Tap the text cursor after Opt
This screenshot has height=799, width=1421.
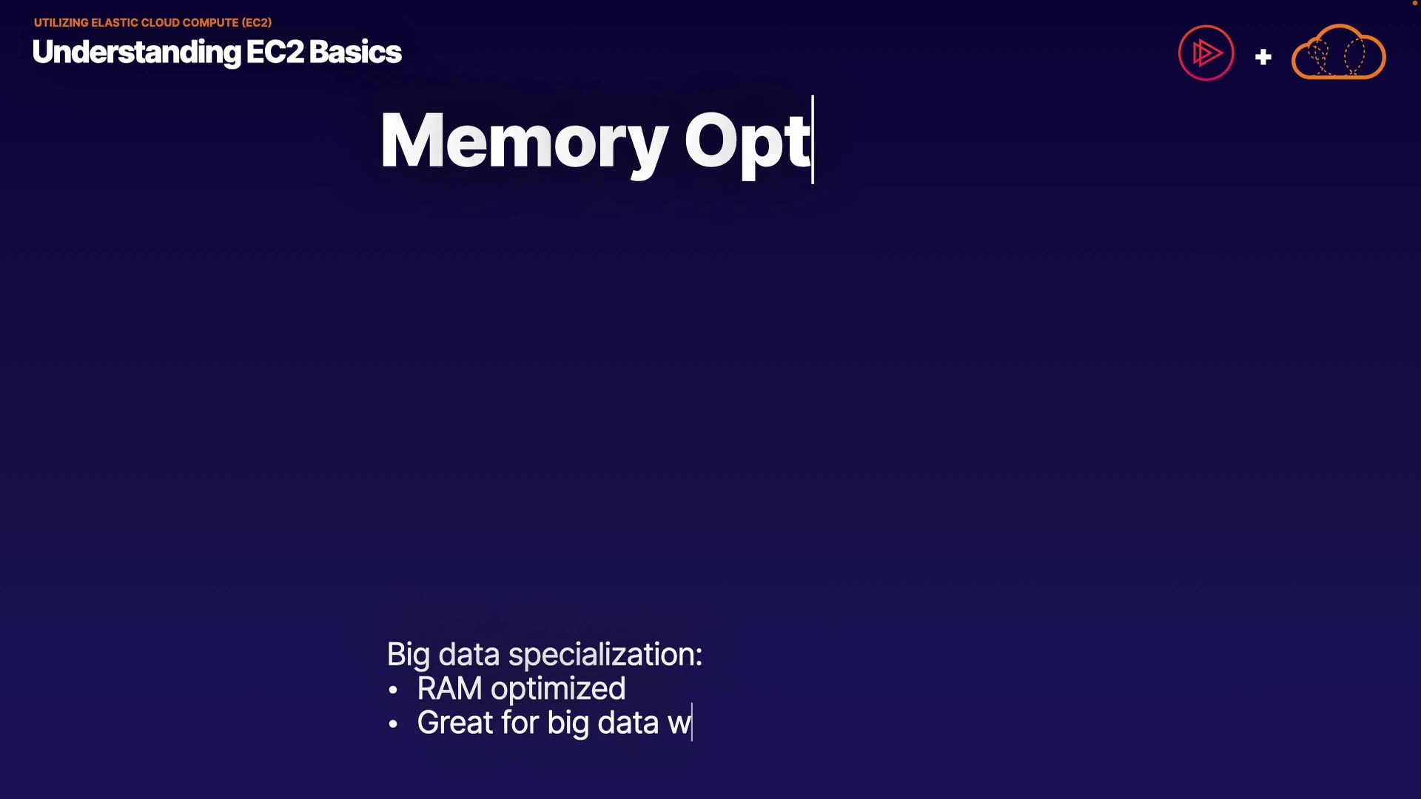pos(813,139)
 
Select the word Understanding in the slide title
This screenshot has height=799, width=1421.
pos(136,53)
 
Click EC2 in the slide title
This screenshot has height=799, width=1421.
pos(275,52)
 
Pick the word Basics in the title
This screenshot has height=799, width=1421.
pos(355,52)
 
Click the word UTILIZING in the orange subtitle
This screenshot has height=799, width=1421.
pos(61,23)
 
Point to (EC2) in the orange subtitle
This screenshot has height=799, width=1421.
pos(257,23)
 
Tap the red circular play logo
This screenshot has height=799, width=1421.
pos(1206,53)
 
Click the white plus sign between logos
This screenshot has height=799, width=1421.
pos(1263,57)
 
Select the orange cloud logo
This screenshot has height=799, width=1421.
pos(1338,52)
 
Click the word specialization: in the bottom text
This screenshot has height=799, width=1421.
pos(605,655)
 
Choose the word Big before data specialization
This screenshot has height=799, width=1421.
pos(409,655)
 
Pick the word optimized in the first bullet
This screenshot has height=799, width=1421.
pos(558,690)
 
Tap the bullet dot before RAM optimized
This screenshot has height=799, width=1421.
pos(393,690)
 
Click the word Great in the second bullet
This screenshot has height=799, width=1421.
pos(455,723)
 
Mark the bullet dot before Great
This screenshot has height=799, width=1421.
pos(393,724)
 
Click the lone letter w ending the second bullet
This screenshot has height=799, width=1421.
pos(679,724)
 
